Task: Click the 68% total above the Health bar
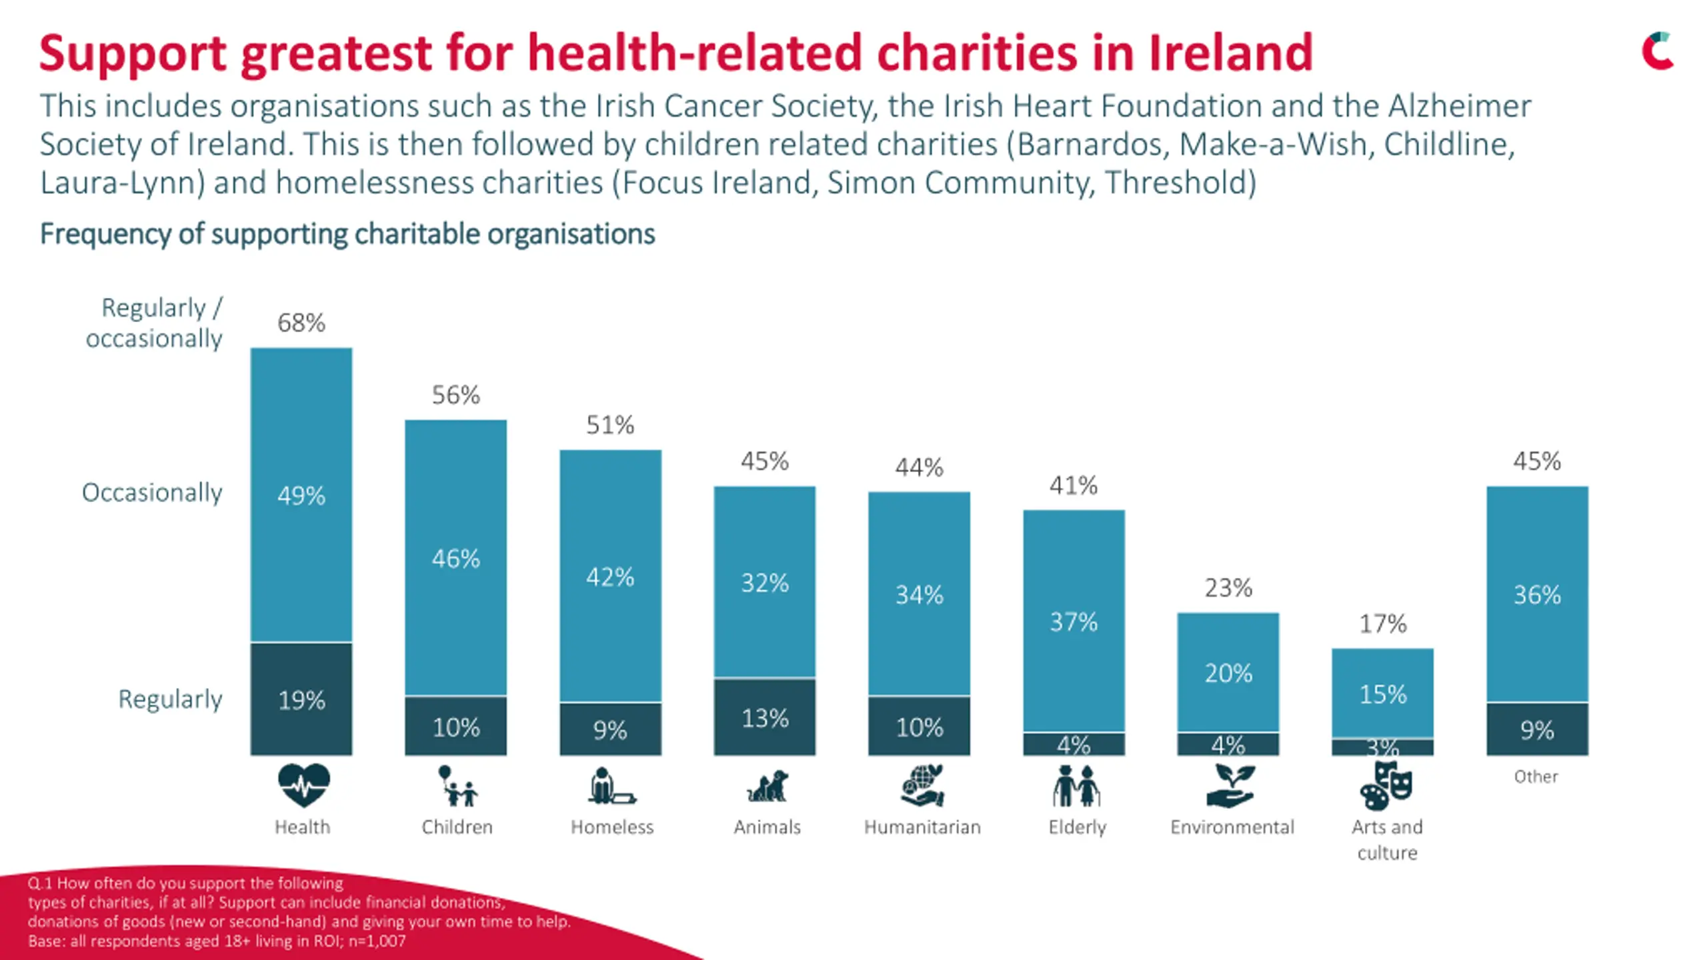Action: tap(301, 323)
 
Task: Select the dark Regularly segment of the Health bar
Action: tap(301, 699)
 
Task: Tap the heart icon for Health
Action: tap(303, 785)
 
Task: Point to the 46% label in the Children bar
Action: tap(455, 559)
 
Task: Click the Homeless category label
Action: tap(612, 827)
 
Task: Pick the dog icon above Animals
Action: tap(767, 787)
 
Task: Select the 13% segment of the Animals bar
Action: tap(765, 717)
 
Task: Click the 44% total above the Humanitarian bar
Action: tap(919, 467)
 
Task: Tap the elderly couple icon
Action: tap(1076, 787)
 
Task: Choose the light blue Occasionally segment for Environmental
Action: tap(1228, 673)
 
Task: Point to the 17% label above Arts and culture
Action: tap(1383, 624)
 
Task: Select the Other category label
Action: tap(1536, 777)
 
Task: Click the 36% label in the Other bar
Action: tap(1537, 595)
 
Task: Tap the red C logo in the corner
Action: tap(1657, 51)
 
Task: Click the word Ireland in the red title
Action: tap(1230, 53)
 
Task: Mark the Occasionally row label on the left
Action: tap(152, 493)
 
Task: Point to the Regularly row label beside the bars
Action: tap(170, 699)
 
